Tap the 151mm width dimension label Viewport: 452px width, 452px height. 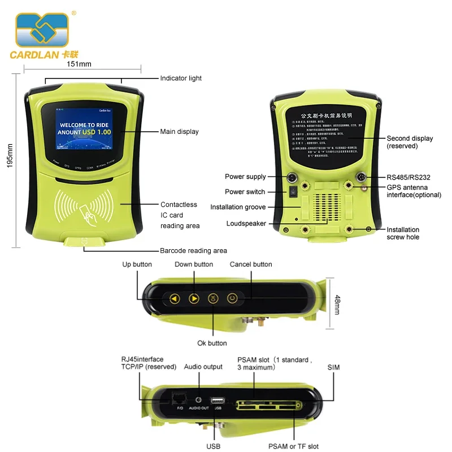coord(79,64)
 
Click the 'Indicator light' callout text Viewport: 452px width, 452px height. coord(181,78)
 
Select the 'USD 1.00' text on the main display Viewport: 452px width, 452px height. coord(97,132)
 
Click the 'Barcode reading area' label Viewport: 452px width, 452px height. coord(193,250)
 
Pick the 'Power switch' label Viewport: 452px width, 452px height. coord(245,192)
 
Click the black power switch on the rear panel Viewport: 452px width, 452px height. coord(293,192)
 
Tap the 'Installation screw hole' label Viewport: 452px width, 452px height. coord(403,233)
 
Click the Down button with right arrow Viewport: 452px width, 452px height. coord(194,298)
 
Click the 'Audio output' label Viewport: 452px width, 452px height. coord(203,367)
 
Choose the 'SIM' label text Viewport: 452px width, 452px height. coord(334,367)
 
